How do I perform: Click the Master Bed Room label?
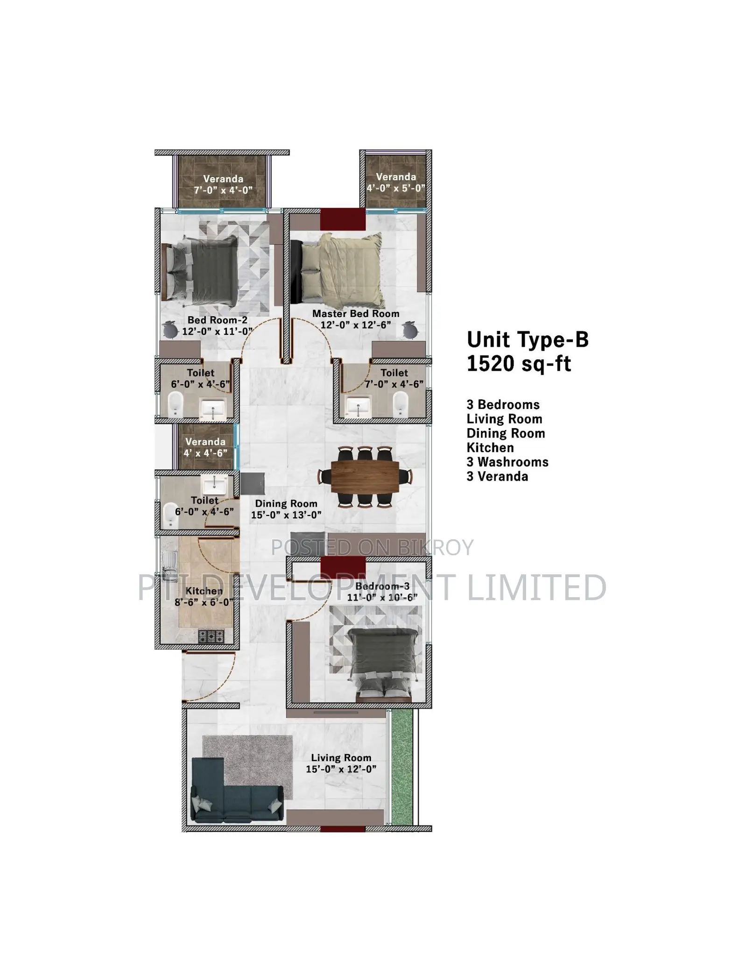click(356, 314)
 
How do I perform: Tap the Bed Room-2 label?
click(217, 320)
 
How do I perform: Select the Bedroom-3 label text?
click(382, 586)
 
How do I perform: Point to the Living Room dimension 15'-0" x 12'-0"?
click(341, 769)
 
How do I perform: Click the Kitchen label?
click(204, 591)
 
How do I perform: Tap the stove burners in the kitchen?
click(211, 636)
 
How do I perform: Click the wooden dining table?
click(365, 477)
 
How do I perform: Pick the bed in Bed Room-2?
click(200, 268)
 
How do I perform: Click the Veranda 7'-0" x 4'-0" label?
click(223, 184)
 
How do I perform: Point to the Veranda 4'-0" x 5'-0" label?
click(396, 183)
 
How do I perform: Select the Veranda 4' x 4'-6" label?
click(205, 447)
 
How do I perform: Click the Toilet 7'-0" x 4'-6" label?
click(394, 378)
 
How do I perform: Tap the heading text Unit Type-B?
click(528, 340)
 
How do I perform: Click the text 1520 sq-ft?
click(519, 364)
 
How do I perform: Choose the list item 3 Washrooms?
click(507, 462)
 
